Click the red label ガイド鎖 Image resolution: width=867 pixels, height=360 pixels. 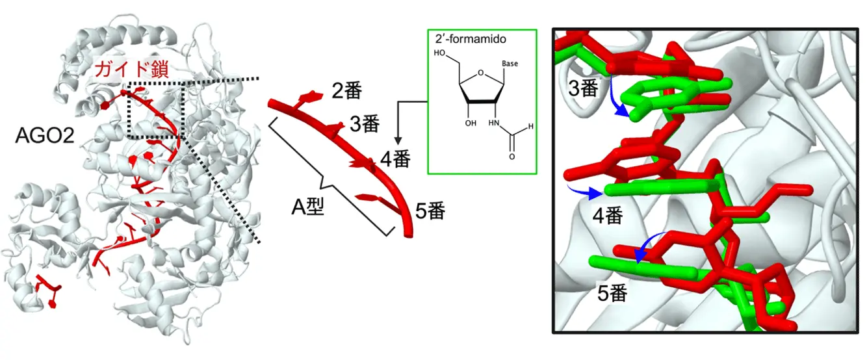[132, 70]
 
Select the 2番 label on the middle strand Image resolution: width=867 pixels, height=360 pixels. [346, 90]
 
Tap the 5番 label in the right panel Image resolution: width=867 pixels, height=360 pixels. [612, 294]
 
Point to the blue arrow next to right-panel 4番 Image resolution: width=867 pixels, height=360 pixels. [584, 192]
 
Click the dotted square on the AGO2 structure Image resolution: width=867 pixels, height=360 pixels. [157, 110]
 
